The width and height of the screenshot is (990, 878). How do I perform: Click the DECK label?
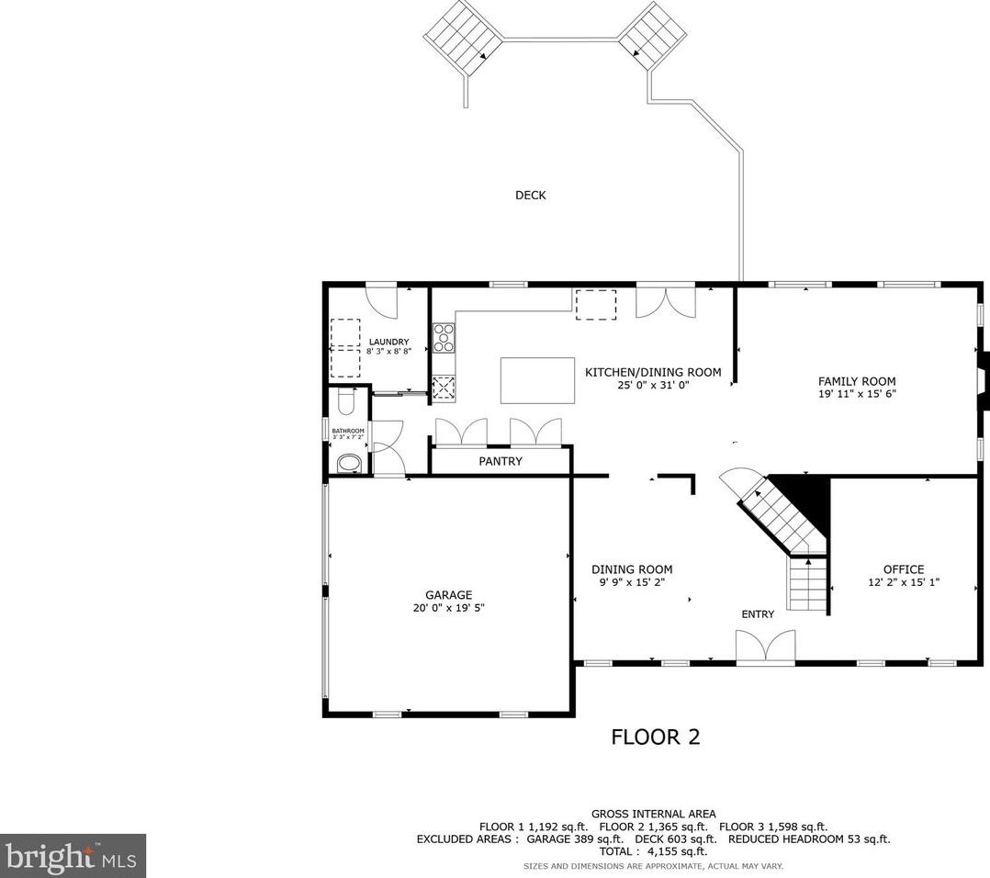point(530,195)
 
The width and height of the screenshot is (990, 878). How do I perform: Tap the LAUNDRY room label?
point(388,343)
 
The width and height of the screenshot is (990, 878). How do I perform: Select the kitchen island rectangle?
point(538,380)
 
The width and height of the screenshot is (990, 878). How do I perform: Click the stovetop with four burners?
point(444,337)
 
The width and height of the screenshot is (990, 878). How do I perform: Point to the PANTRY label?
point(501,461)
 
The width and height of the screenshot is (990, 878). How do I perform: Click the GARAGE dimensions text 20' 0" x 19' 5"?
point(448,608)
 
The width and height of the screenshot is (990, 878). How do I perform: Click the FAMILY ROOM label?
point(857,381)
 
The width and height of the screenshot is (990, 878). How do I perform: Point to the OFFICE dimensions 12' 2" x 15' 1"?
point(904,582)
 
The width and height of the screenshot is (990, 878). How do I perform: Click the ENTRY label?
point(758,614)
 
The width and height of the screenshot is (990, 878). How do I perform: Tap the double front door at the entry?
point(765,647)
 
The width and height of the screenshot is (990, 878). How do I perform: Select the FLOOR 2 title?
point(656,737)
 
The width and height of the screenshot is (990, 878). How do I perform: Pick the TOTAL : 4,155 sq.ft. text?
point(653,851)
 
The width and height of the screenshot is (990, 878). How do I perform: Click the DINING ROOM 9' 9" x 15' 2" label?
point(632,576)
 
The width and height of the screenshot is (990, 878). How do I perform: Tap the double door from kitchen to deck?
point(665,301)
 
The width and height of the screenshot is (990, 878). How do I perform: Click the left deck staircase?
point(465,38)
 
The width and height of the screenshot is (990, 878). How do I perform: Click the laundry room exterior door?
point(379,297)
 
